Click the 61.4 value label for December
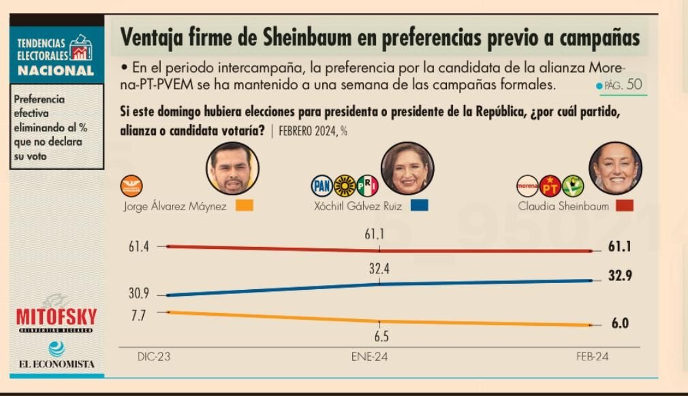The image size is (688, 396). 139,247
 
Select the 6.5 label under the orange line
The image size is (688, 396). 379,337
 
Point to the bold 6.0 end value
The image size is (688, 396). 620,324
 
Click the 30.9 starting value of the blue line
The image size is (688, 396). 139,295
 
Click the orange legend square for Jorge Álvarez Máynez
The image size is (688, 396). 244,205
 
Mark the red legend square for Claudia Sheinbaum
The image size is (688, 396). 624,205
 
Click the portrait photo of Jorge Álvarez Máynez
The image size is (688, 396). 232,168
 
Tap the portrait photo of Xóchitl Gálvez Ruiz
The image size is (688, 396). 407,168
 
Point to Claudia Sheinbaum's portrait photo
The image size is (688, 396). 615,168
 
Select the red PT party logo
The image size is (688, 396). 550,185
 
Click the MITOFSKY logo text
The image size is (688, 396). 57,316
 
